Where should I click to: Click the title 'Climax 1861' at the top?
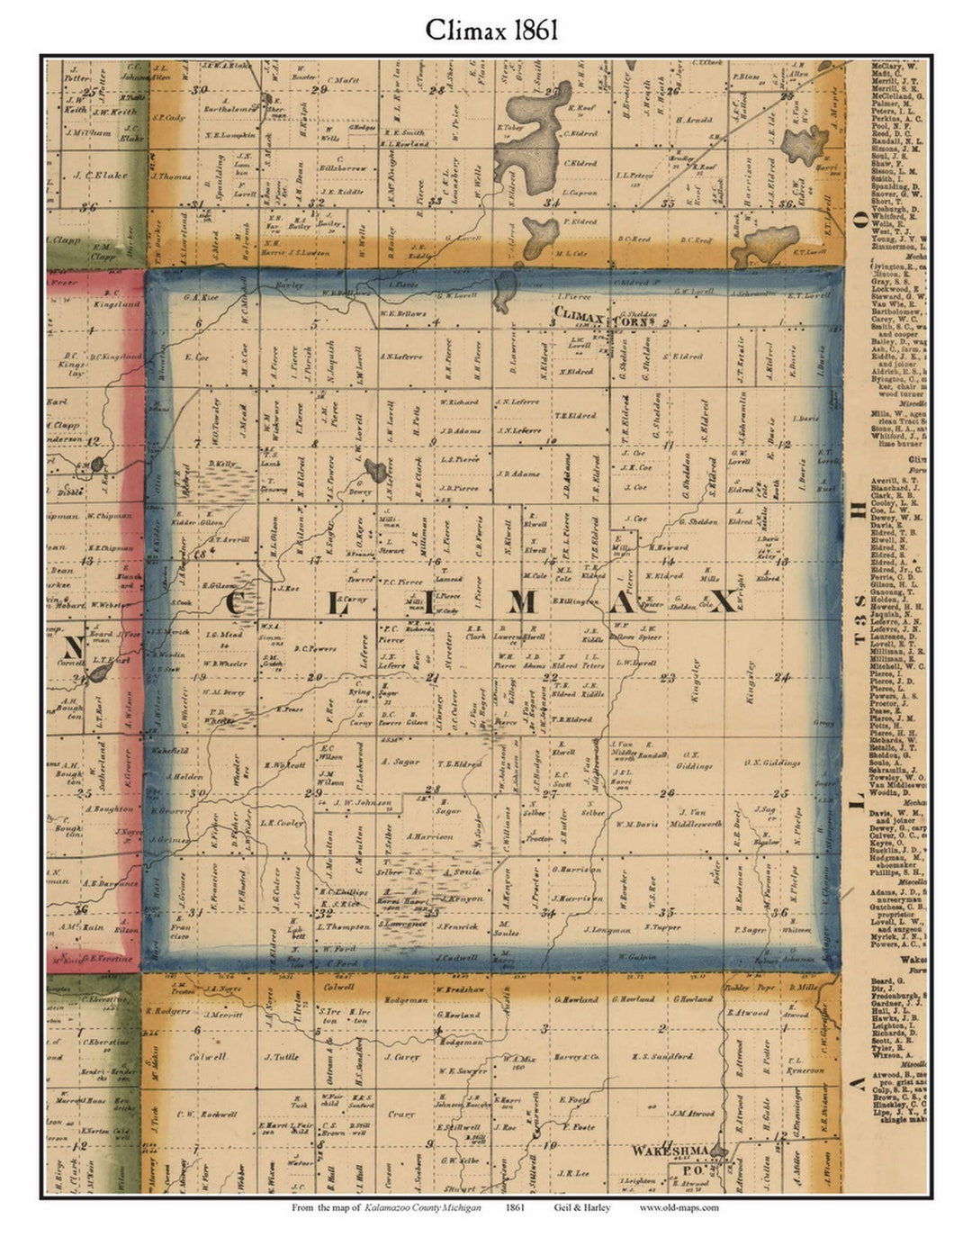click(491, 30)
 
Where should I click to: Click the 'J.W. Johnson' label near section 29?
click(363, 801)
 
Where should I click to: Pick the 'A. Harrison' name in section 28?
click(427, 835)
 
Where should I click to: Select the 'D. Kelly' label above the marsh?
click(221, 464)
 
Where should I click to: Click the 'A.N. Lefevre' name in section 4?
click(400, 357)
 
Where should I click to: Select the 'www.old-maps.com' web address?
click(679, 1207)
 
